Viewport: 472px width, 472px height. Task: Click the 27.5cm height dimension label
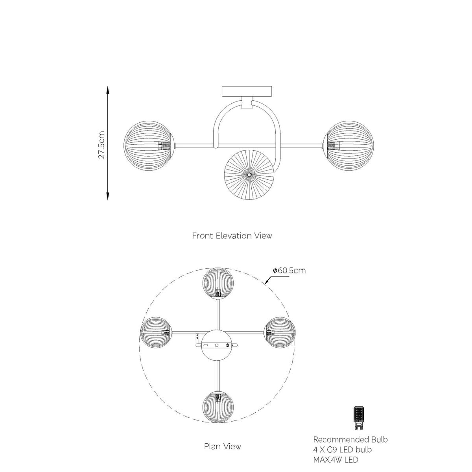101,145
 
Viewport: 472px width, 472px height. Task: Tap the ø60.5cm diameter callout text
289,270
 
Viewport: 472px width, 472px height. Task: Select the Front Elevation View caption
232,236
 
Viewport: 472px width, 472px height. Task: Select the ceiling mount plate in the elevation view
247,91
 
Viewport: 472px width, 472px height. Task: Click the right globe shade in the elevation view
348,146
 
